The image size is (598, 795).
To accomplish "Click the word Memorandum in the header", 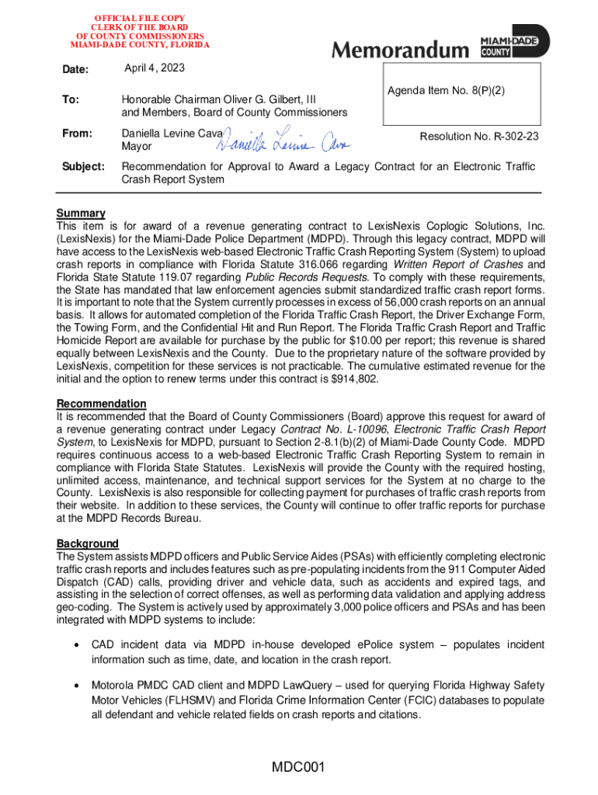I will pos(401,50).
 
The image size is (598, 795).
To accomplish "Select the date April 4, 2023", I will pos(155,69).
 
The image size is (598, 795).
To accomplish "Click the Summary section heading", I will pos(81,214).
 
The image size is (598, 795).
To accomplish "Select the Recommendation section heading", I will pos(101,404).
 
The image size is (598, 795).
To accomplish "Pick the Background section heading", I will pos(88,543).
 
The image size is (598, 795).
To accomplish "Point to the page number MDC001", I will pos(297,768).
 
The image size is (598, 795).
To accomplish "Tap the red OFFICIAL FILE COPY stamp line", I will pos(141,16).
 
